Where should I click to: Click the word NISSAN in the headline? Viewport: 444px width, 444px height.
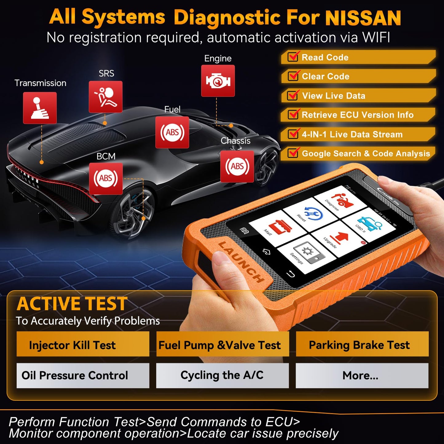(363, 18)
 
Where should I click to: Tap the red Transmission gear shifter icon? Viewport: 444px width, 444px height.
(40, 108)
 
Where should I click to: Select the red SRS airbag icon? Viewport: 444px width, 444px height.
(105, 97)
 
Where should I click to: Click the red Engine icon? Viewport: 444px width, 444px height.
(218, 81)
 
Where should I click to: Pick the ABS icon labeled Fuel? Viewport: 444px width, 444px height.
(172, 132)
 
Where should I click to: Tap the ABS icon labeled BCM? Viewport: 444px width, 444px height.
(106, 179)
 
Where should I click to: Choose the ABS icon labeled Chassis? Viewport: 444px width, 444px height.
(237, 167)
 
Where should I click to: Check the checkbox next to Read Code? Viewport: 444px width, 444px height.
(293, 57)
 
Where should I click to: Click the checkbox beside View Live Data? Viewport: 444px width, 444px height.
(293, 96)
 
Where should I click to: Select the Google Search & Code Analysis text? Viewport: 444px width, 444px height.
(366, 153)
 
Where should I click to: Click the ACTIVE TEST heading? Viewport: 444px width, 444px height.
(72, 304)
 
